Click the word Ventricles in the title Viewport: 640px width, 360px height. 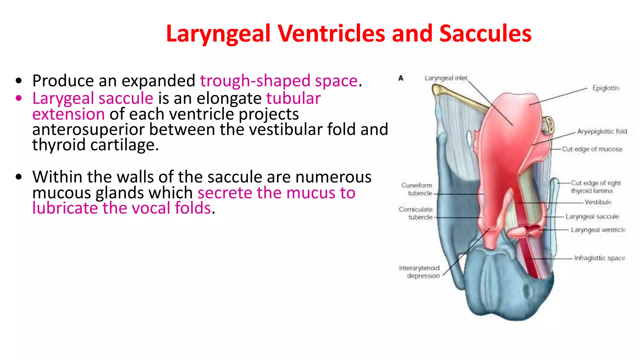tap(332, 33)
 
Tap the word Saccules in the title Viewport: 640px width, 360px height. tap(485, 33)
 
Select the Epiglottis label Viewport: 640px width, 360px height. tap(606, 88)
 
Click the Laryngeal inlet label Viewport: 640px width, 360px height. tap(446, 78)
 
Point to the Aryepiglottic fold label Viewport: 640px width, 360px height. tap(602, 132)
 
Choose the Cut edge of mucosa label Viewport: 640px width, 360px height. tap(592, 149)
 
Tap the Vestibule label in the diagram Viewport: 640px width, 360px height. tap(598, 202)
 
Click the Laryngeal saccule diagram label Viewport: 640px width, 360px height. tap(592, 217)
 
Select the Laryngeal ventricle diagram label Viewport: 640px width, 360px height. tap(598, 230)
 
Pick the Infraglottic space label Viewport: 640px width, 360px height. tap(599, 258)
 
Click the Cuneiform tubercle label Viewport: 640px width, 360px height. tap(417, 189)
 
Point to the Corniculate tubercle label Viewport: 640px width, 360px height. tap(416, 213)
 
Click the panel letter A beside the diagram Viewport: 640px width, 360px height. tap(401, 78)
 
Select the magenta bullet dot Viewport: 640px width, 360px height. tap(19, 98)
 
